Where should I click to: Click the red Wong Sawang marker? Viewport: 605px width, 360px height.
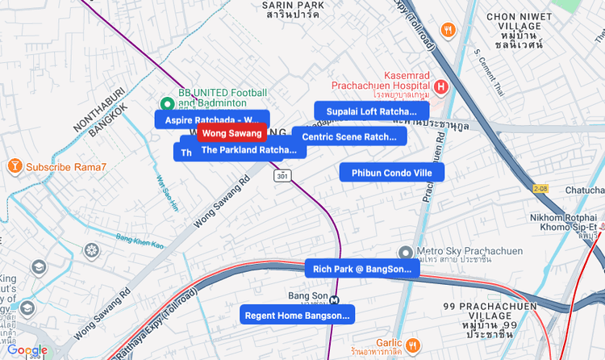[x=232, y=133]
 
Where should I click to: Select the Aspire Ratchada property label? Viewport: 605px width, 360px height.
[x=211, y=119]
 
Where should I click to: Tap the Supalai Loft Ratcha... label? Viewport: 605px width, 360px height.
[x=371, y=111]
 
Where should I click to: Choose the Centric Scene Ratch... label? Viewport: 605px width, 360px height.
[x=348, y=136]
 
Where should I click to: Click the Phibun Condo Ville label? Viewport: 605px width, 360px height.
[x=391, y=173]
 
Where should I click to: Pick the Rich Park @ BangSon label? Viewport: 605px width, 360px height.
[x=361, y=269]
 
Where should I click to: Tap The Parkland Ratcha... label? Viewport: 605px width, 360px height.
[x=248, y=150]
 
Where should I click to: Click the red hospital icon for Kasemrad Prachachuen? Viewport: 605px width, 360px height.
[x=441, y=86]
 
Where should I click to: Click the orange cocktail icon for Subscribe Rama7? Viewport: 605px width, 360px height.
[x=15, y=167]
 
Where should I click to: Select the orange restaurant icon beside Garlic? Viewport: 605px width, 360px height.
[x=413, y=345]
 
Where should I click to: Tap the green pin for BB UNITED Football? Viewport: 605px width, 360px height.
[x=167, y=103]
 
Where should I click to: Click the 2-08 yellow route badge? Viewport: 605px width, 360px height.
[x=540, y=188]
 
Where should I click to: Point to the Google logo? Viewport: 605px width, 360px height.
[x=28, y=350]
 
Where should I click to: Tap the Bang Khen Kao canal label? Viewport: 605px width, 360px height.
[x=140, y=240]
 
